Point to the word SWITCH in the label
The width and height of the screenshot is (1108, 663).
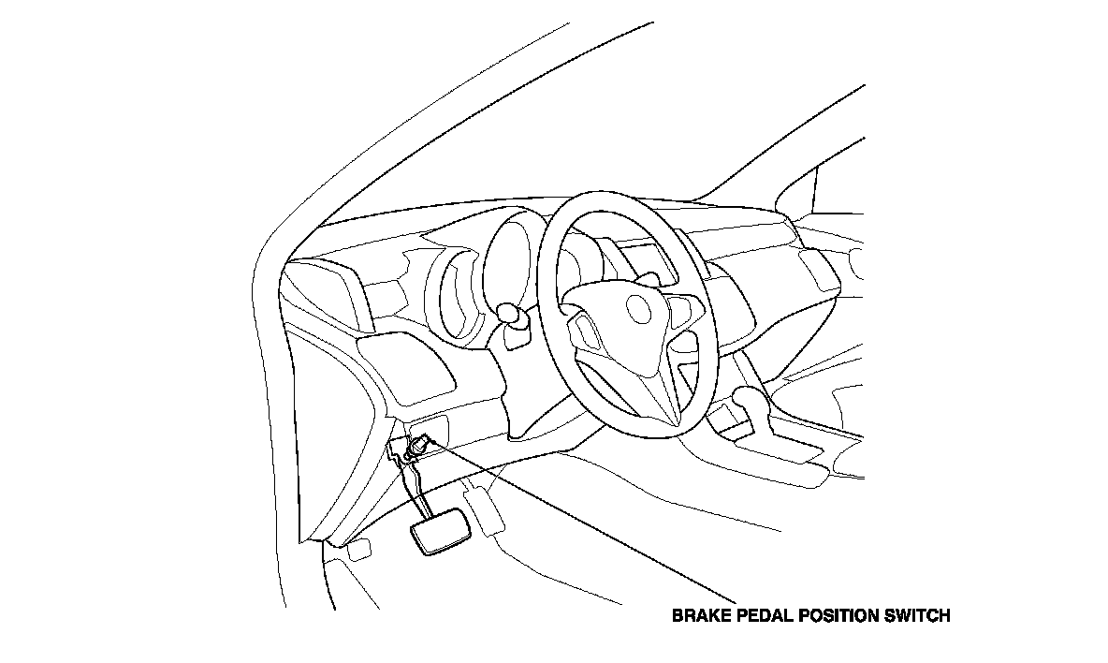919,616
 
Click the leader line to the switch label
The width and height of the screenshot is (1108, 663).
580,520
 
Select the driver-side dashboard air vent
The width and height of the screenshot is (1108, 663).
318,289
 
